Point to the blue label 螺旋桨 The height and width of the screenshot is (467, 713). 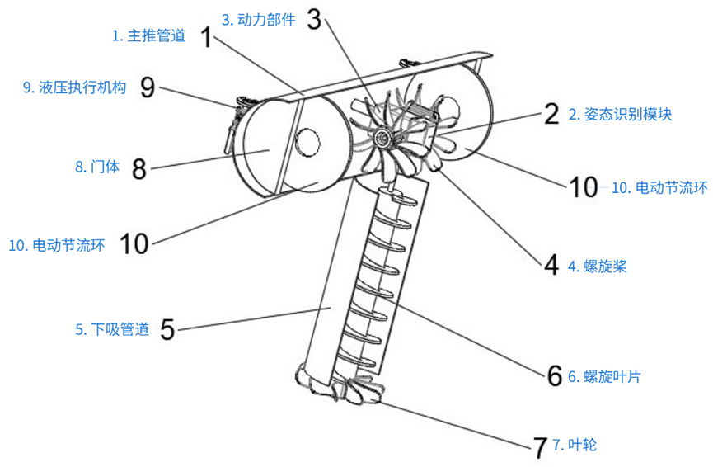click(599, 266)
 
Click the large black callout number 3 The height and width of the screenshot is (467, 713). click(313, 19)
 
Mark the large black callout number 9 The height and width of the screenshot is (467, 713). click(148, 87)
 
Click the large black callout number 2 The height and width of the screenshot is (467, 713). click(551, 114)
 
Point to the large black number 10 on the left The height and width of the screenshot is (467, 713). click(134, 243)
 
